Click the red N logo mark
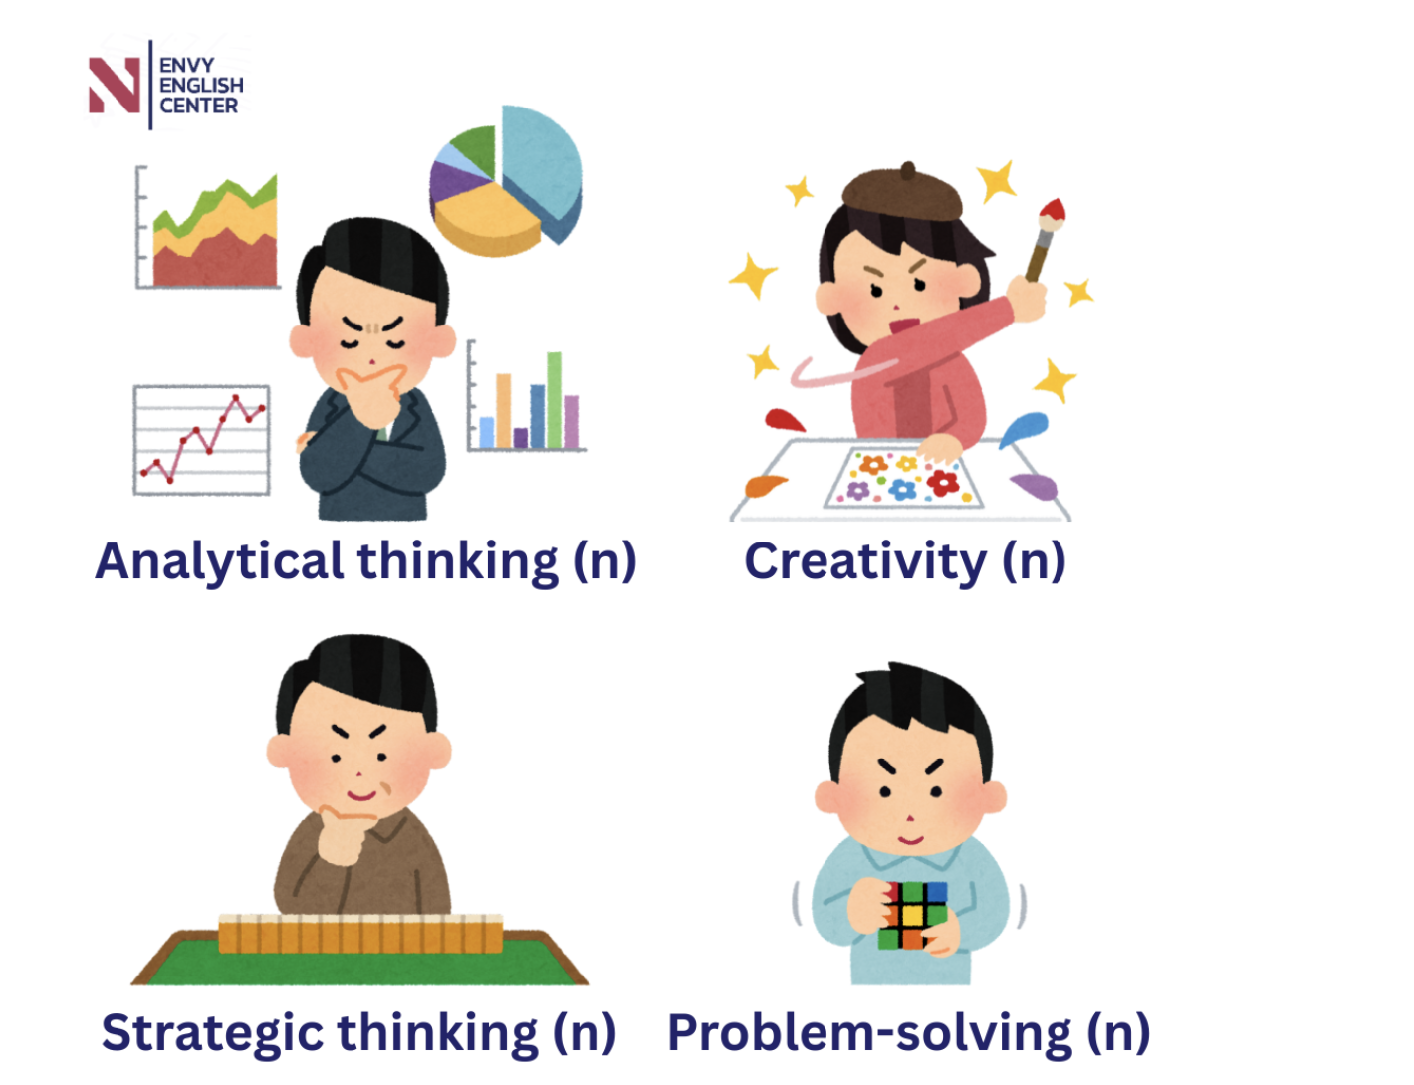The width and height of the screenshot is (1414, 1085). tap(114, 85)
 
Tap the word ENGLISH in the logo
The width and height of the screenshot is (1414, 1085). tap(202, 86)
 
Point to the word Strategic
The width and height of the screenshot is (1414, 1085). tap(212, 1034)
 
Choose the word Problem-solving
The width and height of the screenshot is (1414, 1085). tap(869, 1034)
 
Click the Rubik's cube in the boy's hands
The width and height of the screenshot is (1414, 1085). tap(912, 915)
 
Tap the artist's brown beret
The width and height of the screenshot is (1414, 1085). tap(902, 193)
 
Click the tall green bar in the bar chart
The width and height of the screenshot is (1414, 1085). tap(555, 400)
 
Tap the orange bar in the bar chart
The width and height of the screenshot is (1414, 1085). tap(504, 411)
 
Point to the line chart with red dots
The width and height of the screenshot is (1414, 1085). tap(202, 440)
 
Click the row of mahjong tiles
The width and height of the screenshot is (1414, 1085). tap(360, 934)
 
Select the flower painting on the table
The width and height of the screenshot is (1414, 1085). tap(903, 478)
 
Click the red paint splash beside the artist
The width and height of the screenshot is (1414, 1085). tap(784, 420)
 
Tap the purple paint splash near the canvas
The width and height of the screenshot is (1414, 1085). tap(1035, 487)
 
